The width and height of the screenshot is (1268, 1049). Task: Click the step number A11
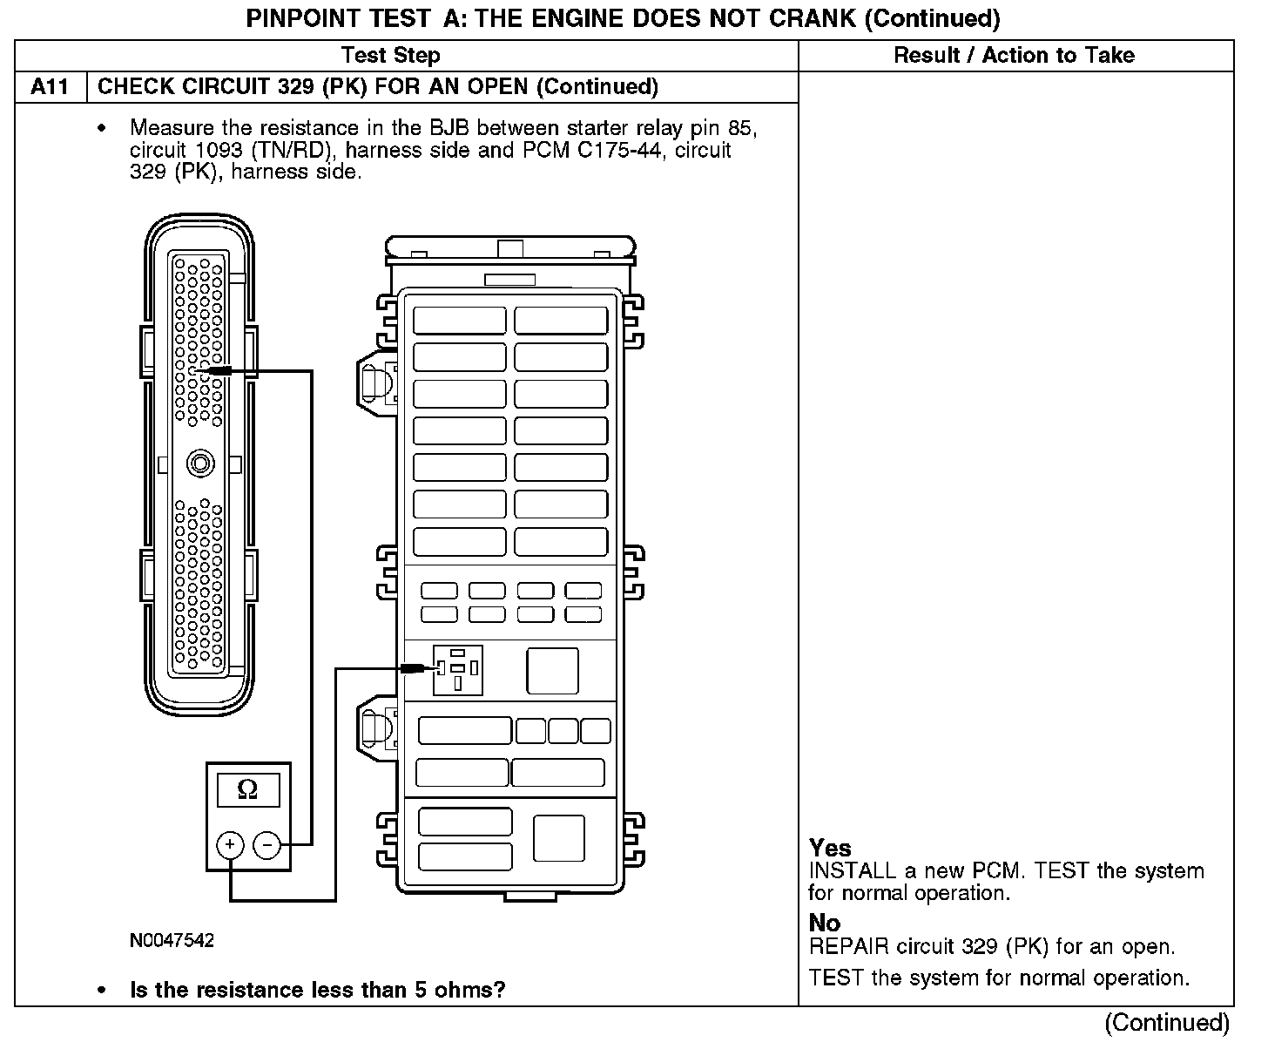(x=51, y=87)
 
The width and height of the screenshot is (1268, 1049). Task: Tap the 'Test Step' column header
(x=390, y=56)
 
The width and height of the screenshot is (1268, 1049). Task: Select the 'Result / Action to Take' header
(x=1014, y=56)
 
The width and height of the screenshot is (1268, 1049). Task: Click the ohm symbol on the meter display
(x=247, y=789)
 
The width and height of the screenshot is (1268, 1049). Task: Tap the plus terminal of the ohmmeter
(x=230, y=844)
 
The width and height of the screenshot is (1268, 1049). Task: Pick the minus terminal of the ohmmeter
(x=266, y=844)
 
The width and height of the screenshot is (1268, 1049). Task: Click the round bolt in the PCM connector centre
(x=201, y=463)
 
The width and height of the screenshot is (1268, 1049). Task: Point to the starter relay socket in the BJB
(x=458, y=669)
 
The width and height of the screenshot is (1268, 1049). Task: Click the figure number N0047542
(x=172, y=941)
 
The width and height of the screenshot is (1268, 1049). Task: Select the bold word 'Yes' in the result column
(x=830, y=848)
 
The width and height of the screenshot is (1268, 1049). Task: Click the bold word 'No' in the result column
(x=825, y=923)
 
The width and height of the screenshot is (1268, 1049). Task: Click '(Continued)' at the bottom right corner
(x=1167, y=1022)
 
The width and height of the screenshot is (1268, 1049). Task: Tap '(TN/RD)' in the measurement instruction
(x=292, y=151)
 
